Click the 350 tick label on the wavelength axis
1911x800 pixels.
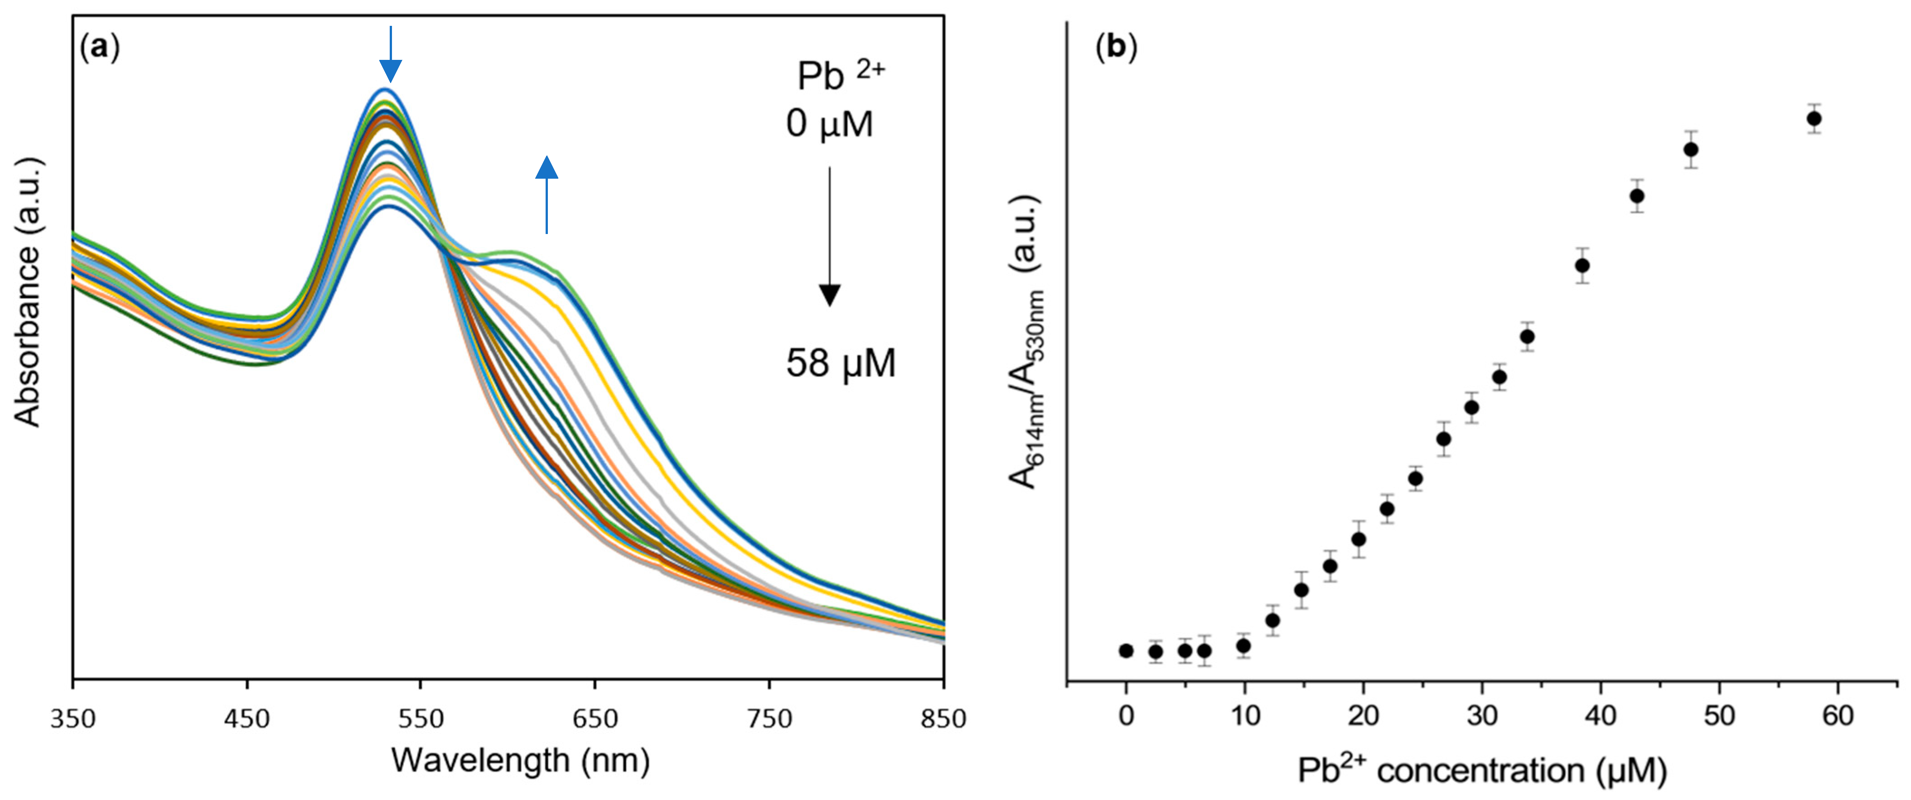[73, 718]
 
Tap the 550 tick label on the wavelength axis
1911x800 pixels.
[421, 718]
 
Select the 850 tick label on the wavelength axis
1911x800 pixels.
[943, 718]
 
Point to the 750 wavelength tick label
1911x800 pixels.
[769, 718]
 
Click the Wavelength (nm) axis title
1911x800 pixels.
[520, 761]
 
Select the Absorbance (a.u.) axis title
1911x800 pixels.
[28, 293]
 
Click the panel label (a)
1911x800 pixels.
[99, 48]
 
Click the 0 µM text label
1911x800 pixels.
[829, 123]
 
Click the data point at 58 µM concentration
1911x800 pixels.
[1814, 119]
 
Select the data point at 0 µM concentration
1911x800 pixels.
[1126, 651]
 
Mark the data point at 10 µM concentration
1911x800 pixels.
[1243, 646]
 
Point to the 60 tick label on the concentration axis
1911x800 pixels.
[1838, 715]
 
